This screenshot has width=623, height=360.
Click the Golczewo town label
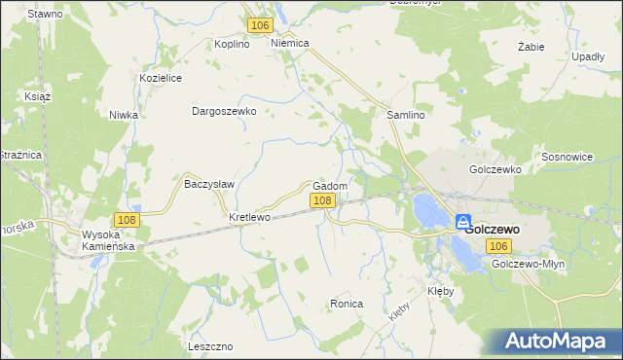pos(492,230)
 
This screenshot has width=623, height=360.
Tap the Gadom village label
pos(332,186)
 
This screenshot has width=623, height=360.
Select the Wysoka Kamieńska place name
pos(107,241)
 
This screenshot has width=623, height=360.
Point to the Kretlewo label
pos(248,217)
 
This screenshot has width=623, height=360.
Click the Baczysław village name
pos(206,182)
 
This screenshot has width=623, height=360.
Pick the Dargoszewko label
pos(224,111)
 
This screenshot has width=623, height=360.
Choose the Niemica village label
pos(290,44)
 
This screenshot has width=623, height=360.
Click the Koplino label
pos(233,44)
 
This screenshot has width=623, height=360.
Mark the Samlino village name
pos(407,114)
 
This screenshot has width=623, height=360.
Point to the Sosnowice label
pos(567,156)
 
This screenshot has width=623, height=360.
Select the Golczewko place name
pos(495,168)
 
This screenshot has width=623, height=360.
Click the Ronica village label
pos(347,304)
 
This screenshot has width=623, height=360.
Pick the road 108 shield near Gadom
pos(323,200)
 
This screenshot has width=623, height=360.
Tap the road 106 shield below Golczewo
pos(499,247)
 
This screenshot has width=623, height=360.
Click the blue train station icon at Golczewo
pos(464,222)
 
